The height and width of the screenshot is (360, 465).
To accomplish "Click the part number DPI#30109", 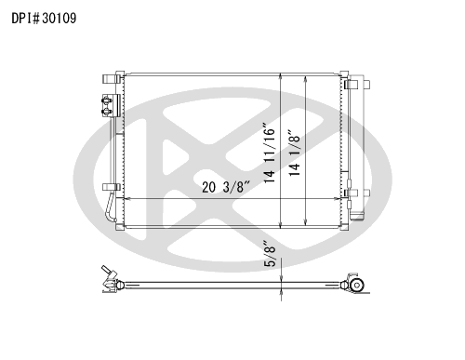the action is pyautogui.click(x=44, y=19).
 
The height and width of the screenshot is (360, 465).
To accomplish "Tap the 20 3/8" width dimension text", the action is pyautogui.click(x=226, y=187).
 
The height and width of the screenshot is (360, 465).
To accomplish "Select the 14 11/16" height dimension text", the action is pyautogui.click(x=270, y=153).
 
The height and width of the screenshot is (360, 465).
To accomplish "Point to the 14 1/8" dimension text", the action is pyautogui.click(x=295, y=153).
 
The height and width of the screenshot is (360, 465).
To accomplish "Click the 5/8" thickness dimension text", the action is pyautogui.click(x=270, y=253).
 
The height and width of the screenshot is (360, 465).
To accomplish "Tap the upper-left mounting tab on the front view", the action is pyautogui.click(x=112, y=78).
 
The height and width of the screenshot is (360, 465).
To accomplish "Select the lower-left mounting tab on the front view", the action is pyautogui.click(x=112, y=187).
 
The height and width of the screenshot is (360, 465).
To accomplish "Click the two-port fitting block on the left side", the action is pyautogui.click(x=111, y=106).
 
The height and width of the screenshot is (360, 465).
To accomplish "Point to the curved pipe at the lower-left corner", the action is pyautogui.click(x=110, y=207).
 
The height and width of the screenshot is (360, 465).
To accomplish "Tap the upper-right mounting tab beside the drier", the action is pyautogui.click(x=357, y=85).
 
